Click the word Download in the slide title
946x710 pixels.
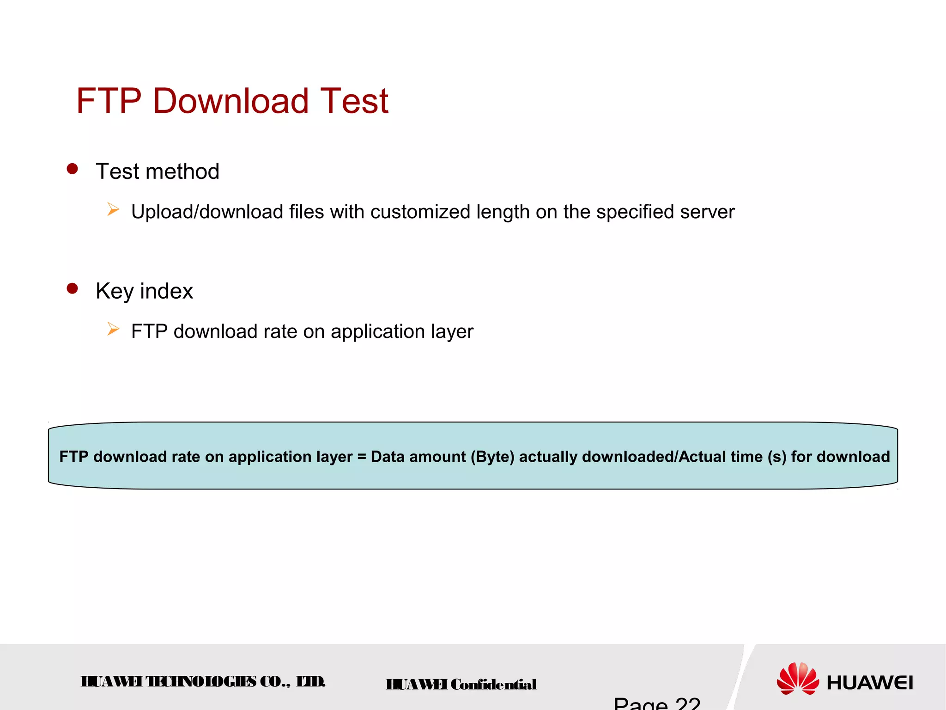pos(230,101)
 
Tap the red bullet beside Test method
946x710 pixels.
pos(72,169)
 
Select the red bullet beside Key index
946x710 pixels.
pos(72,288)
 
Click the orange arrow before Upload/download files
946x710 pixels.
pos(113,210)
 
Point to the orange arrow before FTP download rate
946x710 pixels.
pos(113,330)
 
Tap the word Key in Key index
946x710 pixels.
pos(115,292)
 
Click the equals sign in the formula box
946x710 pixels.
pos(361,457)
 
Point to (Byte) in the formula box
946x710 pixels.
pos(492,457)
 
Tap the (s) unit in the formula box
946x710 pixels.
pos(777,457)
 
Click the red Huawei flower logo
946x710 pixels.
pos(798,679)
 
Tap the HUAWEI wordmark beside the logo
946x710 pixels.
pos(869,683)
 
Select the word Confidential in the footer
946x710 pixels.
pos(493,685)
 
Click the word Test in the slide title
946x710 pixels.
pos(354,101)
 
